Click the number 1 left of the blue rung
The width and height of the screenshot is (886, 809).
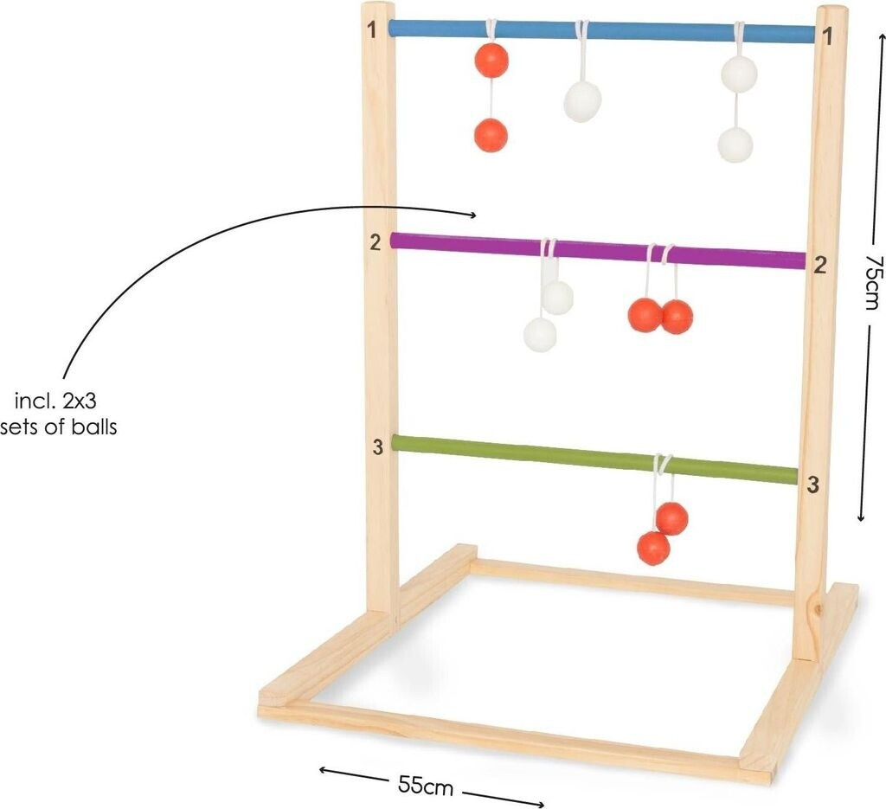[372, 30]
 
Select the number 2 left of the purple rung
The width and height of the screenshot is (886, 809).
[375, 242]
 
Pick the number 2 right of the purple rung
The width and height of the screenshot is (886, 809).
[819, 266]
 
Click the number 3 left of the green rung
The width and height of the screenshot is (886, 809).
[377, 446]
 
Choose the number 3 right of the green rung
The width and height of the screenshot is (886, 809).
[812, 485]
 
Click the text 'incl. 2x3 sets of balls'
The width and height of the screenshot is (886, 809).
[60, 414]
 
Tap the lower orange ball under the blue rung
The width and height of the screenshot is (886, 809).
[491, 135]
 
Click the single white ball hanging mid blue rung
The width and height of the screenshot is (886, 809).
[582, 101]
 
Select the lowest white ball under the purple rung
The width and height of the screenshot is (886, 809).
[540, 335]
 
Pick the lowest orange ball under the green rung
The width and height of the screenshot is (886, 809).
[653, 548]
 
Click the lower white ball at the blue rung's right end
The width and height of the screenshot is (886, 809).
[735, 144]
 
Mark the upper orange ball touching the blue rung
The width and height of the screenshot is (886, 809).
[491, 60]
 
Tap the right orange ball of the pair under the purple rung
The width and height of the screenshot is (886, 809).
[677, 316]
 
